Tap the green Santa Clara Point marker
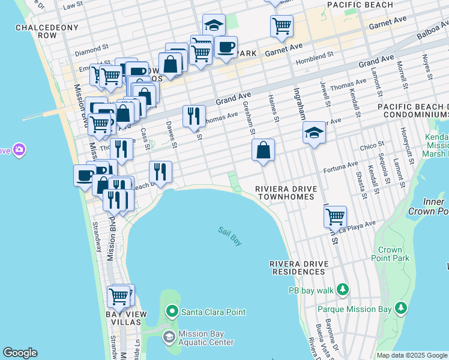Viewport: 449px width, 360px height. click(x=172, y=311)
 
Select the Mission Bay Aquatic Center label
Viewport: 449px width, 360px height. click(x=206, y=338)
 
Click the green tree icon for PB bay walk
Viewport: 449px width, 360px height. click(x=342, y=290)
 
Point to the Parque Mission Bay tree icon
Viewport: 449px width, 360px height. click(x=401, y=309)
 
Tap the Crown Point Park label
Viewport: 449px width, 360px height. click(x=393, y=254)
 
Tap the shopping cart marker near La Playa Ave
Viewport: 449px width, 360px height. click(x=335, y=216)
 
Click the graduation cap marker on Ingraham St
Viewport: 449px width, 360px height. click(x=314, y=133)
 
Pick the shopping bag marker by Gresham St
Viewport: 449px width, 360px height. click(x=263, y=151)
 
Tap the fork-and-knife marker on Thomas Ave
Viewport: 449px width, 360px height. click(x=194, y=116)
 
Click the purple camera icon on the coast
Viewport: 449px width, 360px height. click(x=19, y=149)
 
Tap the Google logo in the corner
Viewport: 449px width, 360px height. click(x=20, y=353)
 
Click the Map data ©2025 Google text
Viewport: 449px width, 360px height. click(x=412, y=355)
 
